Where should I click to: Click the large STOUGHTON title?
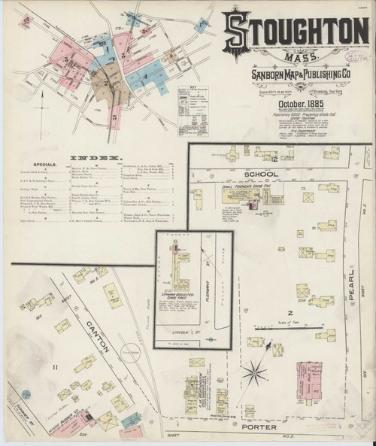[295, 30]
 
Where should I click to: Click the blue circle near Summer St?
[26, 394]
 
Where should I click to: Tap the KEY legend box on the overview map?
[192, 110]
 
